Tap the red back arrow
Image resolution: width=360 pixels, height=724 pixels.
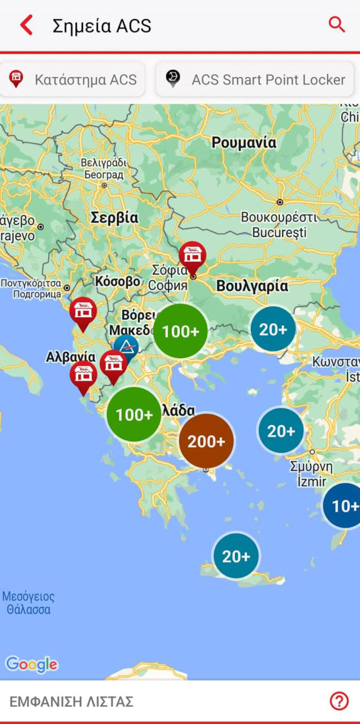tap(27, 25)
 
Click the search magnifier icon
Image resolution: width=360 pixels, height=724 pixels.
tap(337, 25)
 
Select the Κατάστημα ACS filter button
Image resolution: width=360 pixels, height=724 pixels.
tap(72, 79)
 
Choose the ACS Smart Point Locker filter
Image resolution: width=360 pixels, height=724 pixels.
tap(254, 79)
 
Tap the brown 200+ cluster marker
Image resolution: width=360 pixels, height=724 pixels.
tap(206, 441)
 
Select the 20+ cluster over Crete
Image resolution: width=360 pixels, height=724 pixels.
tap(236, 556)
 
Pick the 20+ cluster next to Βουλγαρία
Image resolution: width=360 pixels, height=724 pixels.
tap(273, 329)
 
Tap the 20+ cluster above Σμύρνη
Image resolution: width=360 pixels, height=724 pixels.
tap(281, 430)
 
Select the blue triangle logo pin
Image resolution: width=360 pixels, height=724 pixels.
tap(127, 347)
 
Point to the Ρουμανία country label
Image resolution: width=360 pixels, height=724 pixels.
tap(244, 142)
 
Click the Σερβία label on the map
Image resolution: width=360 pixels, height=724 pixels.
tap(114, 217)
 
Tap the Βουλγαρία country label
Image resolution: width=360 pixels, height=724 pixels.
tap(252, 286)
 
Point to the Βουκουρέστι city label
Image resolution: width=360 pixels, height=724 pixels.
tap(279, 217)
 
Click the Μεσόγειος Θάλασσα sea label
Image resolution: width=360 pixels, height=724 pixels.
tap(28, 603)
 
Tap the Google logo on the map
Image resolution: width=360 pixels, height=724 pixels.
tap(32, 664)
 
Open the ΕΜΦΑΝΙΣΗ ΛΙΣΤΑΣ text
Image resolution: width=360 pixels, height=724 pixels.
tap(71, 702)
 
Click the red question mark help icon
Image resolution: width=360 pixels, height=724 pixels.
tap(339, 701)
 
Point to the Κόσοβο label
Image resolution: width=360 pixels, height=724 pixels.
tap(118, 281)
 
